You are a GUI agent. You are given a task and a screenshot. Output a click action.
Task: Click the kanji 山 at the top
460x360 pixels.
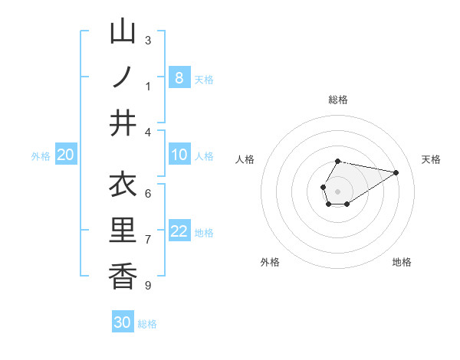tap(123, 32)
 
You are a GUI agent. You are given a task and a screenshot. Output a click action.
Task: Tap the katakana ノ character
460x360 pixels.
tap(123, 77)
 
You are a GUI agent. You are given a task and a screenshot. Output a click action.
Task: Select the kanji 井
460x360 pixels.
tap(123, 123)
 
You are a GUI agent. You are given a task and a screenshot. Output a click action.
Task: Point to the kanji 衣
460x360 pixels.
tap(123, 185)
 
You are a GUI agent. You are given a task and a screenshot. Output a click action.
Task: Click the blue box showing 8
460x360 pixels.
tap(179, 77)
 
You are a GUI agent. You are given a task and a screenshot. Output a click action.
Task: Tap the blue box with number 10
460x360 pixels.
tap(179, 155)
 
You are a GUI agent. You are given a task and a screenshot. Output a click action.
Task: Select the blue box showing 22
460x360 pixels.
tap(179, 231)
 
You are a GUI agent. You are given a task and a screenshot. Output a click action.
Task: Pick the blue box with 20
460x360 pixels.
tap(65, 155)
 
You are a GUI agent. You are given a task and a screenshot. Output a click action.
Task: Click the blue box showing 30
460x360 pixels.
tap(123, 322)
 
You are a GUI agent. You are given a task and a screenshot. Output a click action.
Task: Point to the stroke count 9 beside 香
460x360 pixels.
tap(148, 286)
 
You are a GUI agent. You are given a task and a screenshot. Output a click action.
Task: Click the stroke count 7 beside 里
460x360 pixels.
tap(148, 240)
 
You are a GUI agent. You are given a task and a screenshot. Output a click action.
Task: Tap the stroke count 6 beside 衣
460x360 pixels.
tap(148, 194)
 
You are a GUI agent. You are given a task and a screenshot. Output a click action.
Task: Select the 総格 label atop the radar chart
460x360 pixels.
tap(337, 100)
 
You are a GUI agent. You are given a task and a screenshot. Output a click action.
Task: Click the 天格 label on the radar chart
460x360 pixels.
tap(431, 159)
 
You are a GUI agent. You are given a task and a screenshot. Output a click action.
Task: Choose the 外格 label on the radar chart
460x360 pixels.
tap(270, 262)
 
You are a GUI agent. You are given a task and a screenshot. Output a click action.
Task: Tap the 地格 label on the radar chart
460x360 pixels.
tap(402, 262)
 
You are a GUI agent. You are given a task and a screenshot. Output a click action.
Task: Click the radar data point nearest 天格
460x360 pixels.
tap(396, 172)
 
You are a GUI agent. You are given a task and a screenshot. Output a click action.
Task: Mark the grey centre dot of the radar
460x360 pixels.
tap(337, 190)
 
